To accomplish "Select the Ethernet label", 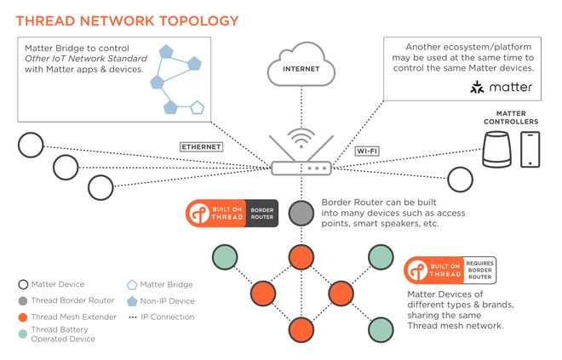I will [201, 146].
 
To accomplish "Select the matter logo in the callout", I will [502, 88].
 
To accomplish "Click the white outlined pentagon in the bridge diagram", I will [198, 107].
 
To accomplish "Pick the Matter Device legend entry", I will [53, 284].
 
